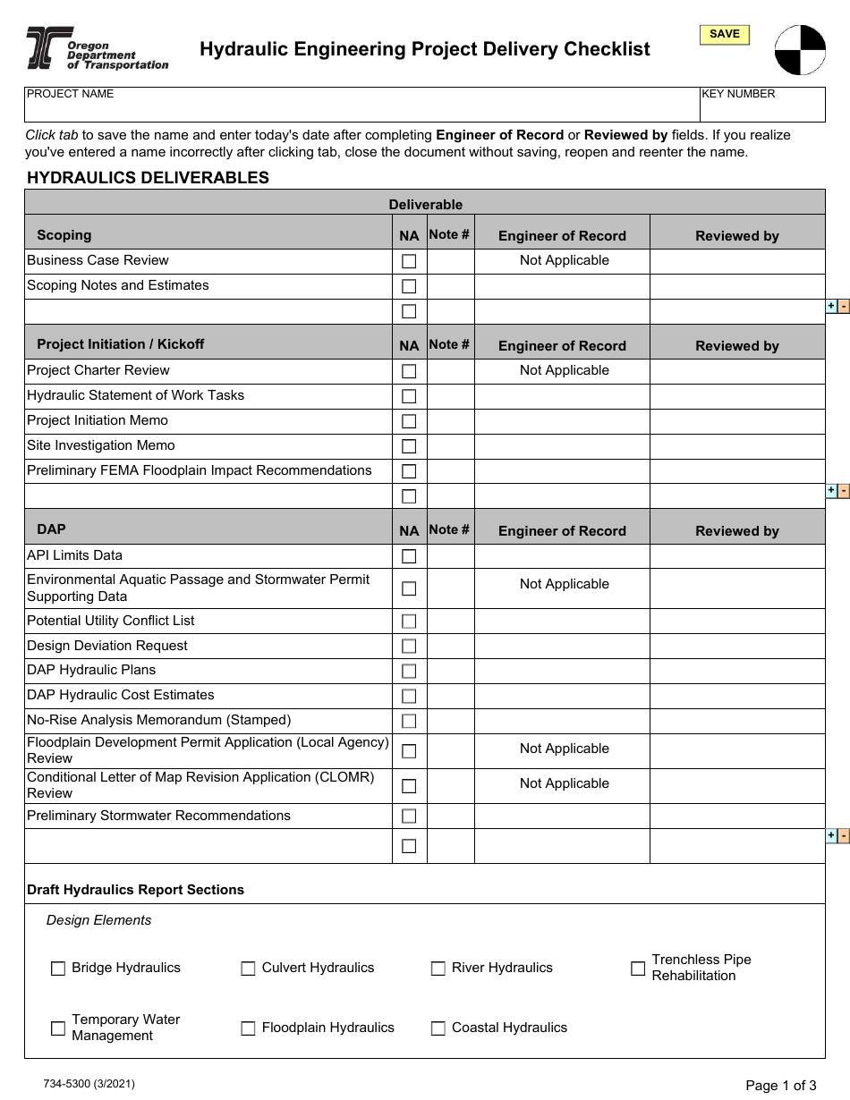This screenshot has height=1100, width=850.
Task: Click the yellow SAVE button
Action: tap(724, 35)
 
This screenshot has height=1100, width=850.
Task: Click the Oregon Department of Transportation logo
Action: tap(97, 48)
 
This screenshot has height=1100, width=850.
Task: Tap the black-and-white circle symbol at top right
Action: tap(800, 50)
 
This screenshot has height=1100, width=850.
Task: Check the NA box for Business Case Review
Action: tap(409, 262)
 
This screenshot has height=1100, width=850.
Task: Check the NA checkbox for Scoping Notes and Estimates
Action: tap(409, 287)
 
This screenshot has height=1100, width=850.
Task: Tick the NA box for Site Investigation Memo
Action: tap(409, 446)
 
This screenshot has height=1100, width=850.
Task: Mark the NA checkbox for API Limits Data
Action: tap(409, 556)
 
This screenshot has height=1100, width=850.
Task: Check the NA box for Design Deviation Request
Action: tap(409, 647)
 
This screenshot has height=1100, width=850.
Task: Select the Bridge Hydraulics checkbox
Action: tap(58, 969)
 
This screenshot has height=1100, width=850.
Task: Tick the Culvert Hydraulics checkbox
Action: tap(248, 969)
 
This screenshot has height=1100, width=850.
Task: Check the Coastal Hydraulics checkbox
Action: tap(438, 1028)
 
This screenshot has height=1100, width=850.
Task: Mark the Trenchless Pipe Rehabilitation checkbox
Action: tap(638, 969)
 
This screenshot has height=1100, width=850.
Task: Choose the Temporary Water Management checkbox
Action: tap(58, 1028)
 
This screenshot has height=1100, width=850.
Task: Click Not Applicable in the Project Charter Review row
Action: tap(564, 370)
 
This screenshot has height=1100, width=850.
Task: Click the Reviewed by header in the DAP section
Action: tap(736, 531)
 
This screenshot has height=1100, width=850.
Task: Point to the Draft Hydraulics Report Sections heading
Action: tap(135, 890)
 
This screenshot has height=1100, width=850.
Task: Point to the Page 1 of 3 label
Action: tap(780, 1086)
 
